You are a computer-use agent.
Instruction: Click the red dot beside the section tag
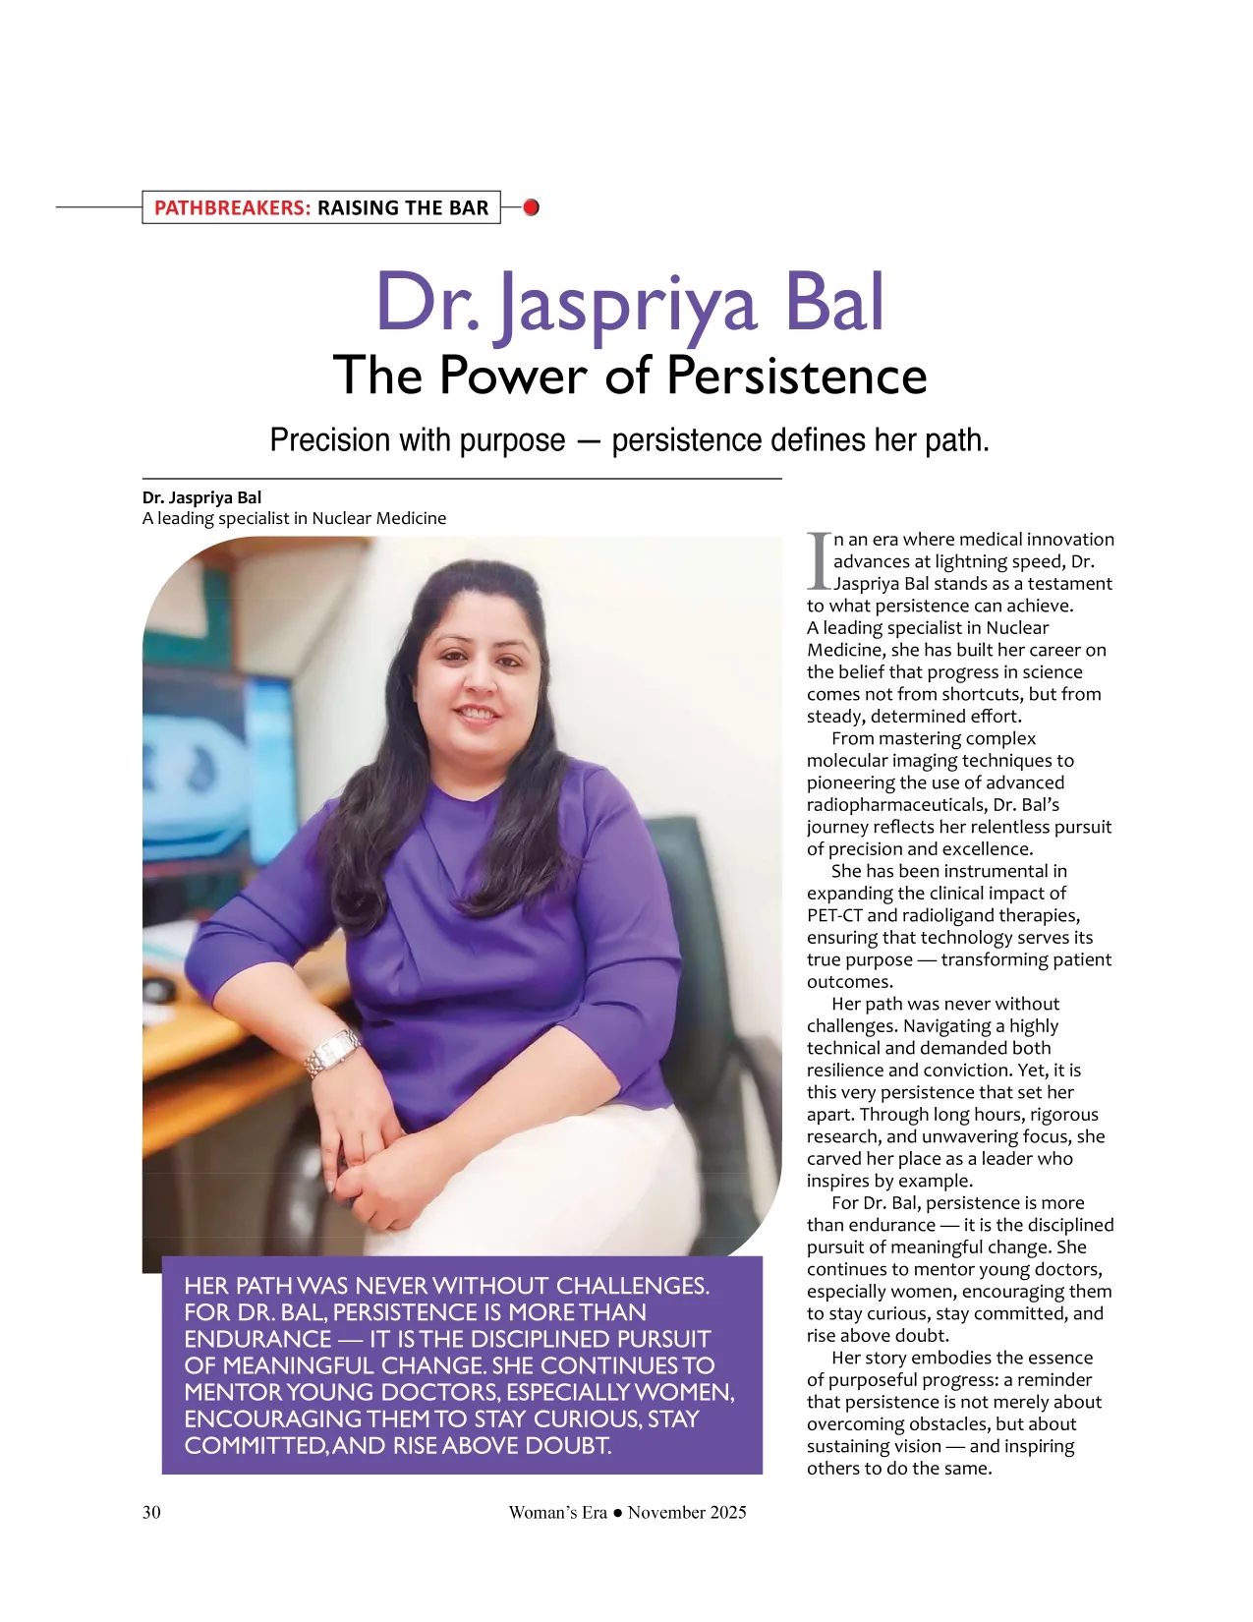point(531,207)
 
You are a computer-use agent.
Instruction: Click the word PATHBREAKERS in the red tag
point(232,207)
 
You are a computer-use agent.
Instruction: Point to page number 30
point(151,1512)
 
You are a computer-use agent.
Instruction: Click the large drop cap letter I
point(818,561)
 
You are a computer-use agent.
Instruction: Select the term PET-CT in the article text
point(834,915)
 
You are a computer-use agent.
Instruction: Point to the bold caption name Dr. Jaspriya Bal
point(201,497)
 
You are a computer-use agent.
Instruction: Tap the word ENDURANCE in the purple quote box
point(257,1339)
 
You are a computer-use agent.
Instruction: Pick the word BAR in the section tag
point(469,207)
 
